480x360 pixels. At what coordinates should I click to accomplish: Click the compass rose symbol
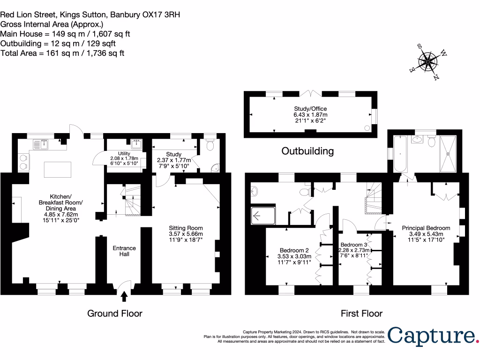click(x=428, y=62)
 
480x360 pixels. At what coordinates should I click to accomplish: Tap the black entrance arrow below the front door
click(x=124, y=296)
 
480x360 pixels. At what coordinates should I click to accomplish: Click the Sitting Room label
click(x=186, y=234)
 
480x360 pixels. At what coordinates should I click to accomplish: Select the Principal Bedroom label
click(x=426, y=234)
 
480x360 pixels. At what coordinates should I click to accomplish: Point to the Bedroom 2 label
click(x=294, y=256)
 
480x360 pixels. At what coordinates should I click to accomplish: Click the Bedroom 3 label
click(x=354, y=250)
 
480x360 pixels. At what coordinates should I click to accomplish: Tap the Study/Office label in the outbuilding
click(x=310, y=114)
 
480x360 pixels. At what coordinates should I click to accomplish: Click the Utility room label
click(x=124, y=158)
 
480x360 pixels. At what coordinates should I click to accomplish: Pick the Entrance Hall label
click(x=124, y=251)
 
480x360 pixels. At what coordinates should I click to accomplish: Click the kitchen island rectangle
click(x=58, y=170)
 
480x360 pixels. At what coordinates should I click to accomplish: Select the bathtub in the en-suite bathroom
click(x=400, y=154)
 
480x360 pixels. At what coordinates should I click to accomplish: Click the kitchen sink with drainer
click(x=41, y=144)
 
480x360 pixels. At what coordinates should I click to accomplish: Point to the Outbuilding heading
click(x=307, y=151)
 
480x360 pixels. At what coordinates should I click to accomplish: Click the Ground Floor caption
click(x=115, y=314)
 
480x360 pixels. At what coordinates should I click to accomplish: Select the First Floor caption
click(x=361, y=314)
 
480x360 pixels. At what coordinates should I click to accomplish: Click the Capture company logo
click(x=433, y=336)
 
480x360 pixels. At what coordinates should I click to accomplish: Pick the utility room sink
click(x=136, y=143)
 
